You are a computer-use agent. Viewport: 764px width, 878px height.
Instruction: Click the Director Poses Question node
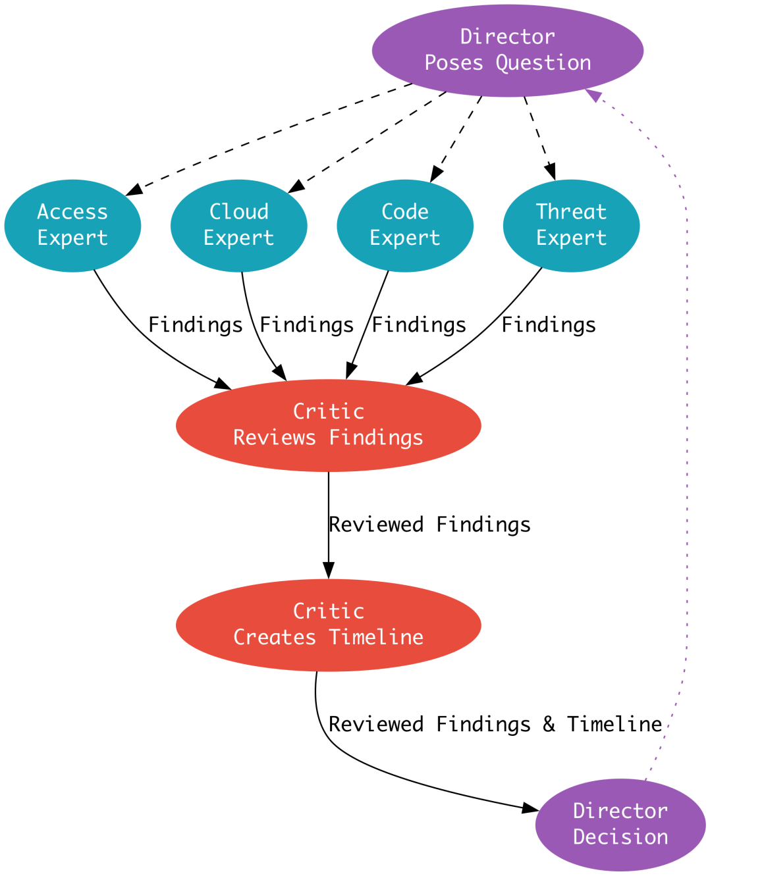(x=507, y=50)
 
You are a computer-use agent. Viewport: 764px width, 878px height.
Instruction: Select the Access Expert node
(x=72, y=225)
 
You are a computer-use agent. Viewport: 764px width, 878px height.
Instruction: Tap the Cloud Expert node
(x=238, y=225)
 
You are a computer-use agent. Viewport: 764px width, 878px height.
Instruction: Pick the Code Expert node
(x=404, y=225)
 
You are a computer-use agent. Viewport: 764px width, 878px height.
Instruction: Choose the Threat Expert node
(x=570, y=225)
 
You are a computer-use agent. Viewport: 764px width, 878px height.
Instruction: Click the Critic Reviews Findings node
(x=328, y=425)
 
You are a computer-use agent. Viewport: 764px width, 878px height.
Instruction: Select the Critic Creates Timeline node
(x=328, y=625)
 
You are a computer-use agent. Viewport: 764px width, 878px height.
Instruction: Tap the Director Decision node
(x=620, y=824)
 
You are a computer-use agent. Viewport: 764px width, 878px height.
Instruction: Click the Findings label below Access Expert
(x=196, y=325)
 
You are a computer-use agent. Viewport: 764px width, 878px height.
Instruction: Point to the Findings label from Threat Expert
(x=549, y=325)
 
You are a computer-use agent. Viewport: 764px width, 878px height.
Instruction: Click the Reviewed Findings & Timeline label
(x=495, y=724)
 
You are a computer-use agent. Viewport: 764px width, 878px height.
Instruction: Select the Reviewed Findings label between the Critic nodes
(x=429, y=525)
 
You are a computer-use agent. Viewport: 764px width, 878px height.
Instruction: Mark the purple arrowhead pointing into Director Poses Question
(x=593, y=95)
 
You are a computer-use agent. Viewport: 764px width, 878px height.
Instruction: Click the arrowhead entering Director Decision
(x=531, y=808)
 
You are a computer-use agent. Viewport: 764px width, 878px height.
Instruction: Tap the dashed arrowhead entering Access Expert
(x=133, y=190)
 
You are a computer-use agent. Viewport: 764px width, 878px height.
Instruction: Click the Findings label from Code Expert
(x=419, y=325)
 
